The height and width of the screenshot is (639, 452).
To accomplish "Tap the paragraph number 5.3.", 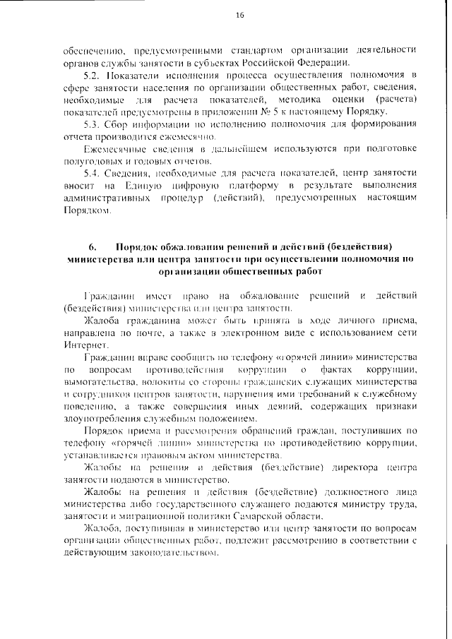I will (91, 124).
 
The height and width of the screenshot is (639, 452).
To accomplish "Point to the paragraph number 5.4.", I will (91, 173).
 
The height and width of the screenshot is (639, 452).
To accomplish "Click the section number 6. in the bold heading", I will (92, 246).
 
